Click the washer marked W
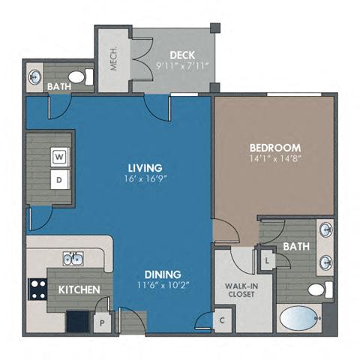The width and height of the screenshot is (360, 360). click(x=58, y=157)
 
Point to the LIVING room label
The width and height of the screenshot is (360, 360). click(x=145, y=167)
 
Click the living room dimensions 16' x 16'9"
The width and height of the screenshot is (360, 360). click(x=145, y=178)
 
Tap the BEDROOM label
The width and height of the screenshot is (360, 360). click(x=274, y=148)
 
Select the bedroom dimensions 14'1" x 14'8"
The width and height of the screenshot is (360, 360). click(x=274, y=158)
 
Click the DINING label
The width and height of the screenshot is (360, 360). click(x=163, y=274)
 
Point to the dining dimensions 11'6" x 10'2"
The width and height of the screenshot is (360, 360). click(x=163, y=286)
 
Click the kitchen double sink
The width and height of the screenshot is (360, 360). click(x=73, y=259)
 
